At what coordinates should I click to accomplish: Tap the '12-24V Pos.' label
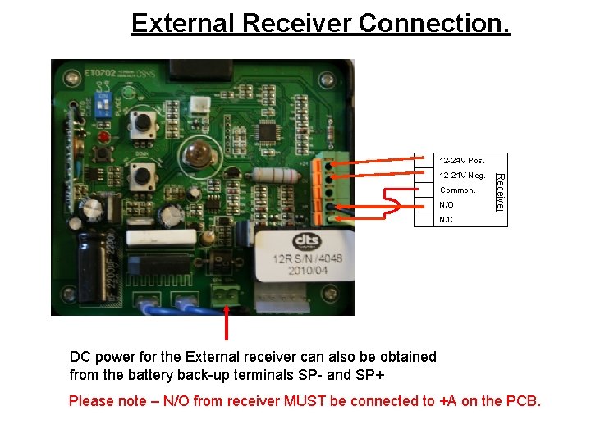click(x=462, y=160)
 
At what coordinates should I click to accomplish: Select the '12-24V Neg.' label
click(x=463, y=176)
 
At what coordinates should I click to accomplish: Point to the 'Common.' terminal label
click(x=457, y=190)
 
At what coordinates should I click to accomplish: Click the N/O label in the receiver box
click(x=446, y=205)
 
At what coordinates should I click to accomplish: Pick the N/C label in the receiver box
click(x=446, y=220)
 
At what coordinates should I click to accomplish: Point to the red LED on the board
click(x=103, y=135)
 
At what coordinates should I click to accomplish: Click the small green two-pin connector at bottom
click(x=226, y=292)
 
